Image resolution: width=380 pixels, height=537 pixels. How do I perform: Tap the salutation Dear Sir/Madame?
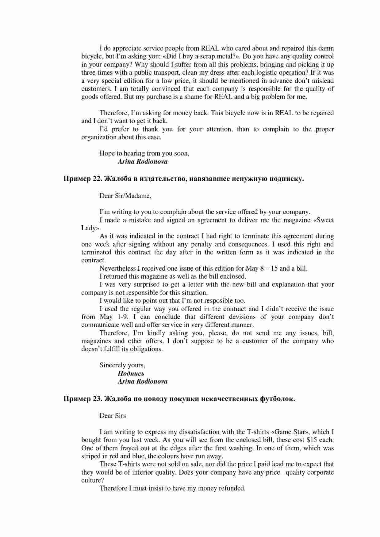coord(125,196)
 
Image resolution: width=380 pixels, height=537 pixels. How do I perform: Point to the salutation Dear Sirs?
coord(113,416)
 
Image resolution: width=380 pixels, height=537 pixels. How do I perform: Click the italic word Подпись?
coord(131,374)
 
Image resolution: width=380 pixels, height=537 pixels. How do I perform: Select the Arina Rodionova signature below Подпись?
coord(143,381)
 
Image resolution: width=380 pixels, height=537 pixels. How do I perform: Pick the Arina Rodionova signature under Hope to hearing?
coord(143,162)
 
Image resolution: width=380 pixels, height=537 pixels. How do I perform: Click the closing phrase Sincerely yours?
coord(122,365)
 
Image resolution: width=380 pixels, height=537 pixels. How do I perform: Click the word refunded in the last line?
coord(232,488)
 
